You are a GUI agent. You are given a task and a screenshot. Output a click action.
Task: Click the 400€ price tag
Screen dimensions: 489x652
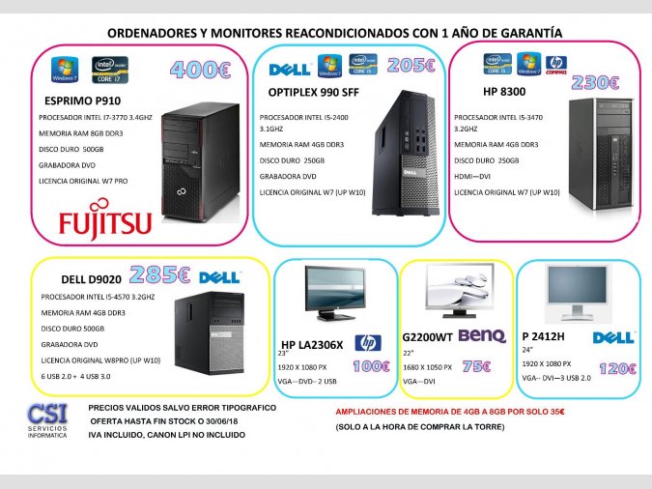200,70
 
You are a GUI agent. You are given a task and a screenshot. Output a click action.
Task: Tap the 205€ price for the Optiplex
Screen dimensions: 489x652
411,66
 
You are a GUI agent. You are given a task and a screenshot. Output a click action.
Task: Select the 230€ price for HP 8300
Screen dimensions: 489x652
595,82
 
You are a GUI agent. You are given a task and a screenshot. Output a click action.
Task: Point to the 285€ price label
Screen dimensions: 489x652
159,275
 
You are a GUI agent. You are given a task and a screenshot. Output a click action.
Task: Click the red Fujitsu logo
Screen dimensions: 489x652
105,222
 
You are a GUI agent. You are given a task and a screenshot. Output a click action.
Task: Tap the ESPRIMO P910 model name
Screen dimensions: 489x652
81,100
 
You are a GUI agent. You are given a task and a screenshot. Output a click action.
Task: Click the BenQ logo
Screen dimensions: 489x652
481,335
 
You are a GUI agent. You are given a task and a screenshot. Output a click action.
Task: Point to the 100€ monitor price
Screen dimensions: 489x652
370,366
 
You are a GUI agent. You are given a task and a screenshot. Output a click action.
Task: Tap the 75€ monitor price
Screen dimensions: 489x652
475,366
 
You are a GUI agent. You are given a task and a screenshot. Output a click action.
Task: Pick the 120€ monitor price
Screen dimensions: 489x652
616,368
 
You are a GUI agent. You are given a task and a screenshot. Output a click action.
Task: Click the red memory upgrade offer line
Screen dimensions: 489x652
449,411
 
